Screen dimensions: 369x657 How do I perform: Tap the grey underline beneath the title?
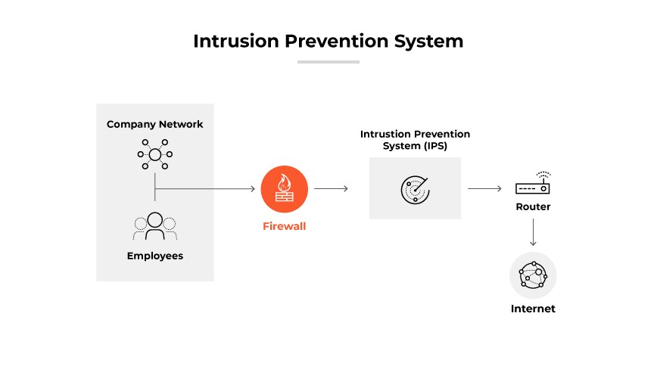tap(328, 62)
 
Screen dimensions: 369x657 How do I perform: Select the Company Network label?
tap(154, 124)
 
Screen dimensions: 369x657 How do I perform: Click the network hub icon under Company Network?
tap(154, 154)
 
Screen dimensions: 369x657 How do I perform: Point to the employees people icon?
tap(154, 225)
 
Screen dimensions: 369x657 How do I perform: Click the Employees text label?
tap(154, 256)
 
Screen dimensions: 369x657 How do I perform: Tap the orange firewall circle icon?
tap(284, 189)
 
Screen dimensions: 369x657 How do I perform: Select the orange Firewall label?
tap(284, 225)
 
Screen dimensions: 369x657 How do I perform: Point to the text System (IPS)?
tap(415, 146)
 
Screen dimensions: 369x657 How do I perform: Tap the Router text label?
tap(533, 206)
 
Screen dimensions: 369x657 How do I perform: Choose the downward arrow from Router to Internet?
tap(533, 232)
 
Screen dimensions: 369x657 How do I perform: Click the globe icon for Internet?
tap(533, 276)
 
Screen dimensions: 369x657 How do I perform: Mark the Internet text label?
tap(533, 309)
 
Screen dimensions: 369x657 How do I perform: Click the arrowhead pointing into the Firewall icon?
tap(252, 189)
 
